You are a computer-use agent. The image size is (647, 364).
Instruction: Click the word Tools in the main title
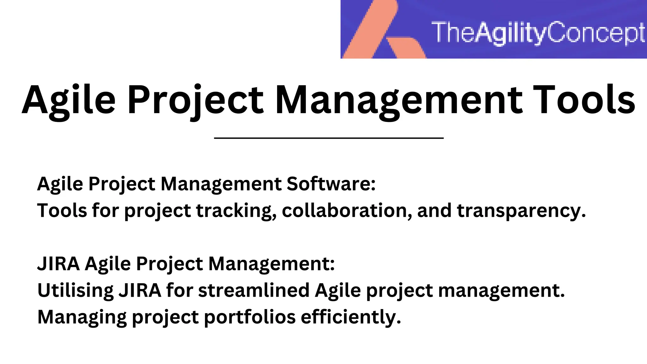[584, 100]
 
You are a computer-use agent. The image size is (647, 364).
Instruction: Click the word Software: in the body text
[331, 184]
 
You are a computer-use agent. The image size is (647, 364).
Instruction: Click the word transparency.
[521, 210]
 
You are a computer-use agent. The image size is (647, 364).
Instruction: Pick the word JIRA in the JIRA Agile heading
[59, 264]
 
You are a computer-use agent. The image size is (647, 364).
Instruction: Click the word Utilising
[76, 290]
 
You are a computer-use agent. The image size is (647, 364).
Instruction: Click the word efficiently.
[351, 317]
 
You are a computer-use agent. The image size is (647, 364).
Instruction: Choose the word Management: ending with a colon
[271, 264]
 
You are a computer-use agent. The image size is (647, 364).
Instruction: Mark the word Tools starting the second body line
[62, 210]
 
